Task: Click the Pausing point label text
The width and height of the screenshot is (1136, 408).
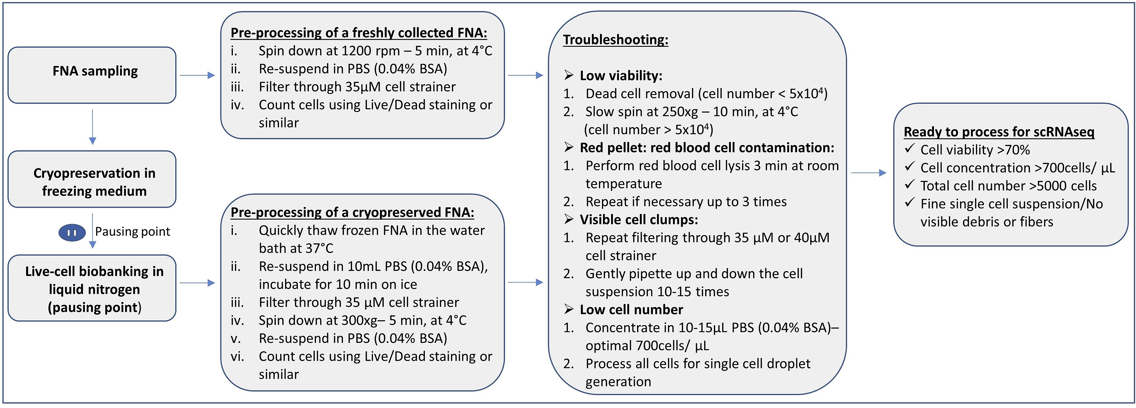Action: [x=132, y=231]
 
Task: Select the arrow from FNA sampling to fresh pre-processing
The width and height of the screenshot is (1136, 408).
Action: [x=197, y=75]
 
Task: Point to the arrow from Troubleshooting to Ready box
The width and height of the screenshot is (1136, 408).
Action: [x=868, y=173]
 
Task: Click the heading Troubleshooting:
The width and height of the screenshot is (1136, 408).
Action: [x=615, y=40]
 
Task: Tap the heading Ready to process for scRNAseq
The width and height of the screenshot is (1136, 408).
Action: [x=999, y=132]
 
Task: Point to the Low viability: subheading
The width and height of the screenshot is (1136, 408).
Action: [x=620, y=76]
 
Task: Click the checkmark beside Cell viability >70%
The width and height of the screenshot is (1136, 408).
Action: [x=909, y=149]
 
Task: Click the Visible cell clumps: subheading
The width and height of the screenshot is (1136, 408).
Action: [x=638, y=220]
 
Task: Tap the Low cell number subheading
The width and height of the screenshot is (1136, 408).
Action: [x=631, y=310]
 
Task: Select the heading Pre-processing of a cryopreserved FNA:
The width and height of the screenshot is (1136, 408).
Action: [x=352, y=213]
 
